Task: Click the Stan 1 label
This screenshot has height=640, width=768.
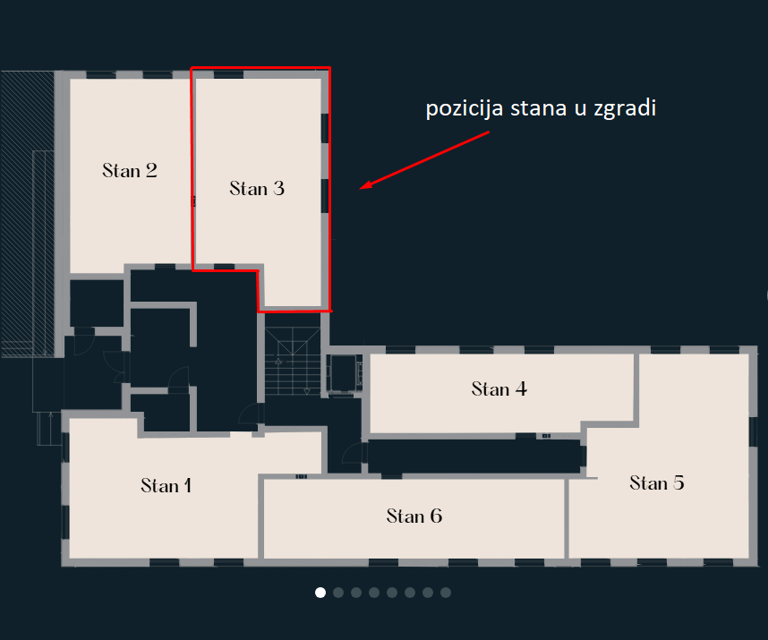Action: coord(166,485)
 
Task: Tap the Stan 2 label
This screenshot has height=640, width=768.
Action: coord(130,170)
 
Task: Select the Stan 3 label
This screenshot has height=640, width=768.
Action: coord(257,189)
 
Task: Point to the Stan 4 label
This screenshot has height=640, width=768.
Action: coord(499,388)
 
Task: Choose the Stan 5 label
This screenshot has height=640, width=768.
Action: coord(657,482)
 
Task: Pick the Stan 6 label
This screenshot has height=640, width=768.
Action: coord(414,516)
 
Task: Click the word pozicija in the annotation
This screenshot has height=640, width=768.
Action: coord(465,108)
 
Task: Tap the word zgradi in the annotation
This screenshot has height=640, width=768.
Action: coord(625,108)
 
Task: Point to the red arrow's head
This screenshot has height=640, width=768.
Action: coord(365,185)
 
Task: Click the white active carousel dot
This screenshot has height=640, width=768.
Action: coord(320,593)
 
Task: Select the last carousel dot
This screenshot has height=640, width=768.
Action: coord(446,593)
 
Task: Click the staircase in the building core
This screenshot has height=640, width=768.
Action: coord(293,361)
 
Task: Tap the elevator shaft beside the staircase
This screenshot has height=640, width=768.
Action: coord(345,373)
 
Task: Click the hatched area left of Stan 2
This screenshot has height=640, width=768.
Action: coord(28,213)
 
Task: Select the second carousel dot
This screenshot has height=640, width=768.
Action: coord(338,593)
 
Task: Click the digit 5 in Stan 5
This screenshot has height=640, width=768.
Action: coord(678,482)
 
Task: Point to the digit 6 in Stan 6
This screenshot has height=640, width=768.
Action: coord(437,516)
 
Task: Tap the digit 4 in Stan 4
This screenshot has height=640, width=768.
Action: coord(521,388)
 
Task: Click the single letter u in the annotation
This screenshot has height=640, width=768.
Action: coord(580,110)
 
